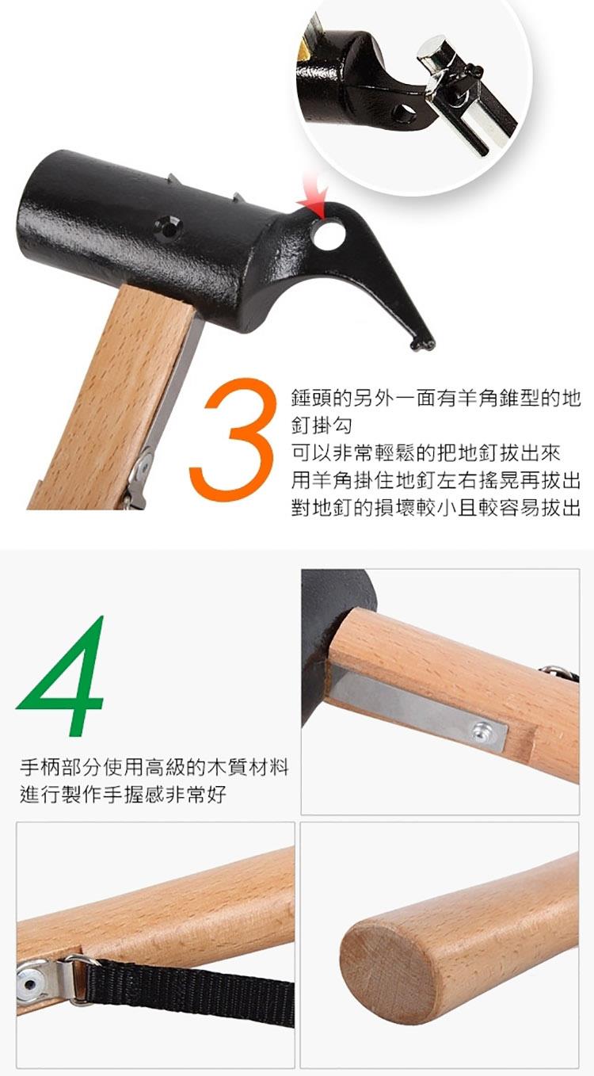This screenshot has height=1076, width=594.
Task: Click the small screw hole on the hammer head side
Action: click(x=169, y=227)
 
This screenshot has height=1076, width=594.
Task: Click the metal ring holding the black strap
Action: click(x=78, y=981)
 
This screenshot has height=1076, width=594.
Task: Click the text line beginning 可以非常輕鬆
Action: click(x=426, y=453)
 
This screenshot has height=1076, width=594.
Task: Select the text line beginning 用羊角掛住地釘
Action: click(x=436, y=480)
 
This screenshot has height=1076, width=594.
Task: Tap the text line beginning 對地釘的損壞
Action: click(x=436, y=507)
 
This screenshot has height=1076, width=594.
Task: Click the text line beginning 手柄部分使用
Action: click(x=154, y=767)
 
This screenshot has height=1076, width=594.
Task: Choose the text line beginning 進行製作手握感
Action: click(x=123, y=795)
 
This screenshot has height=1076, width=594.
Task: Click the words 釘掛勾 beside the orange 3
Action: click(x=322, y=425)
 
